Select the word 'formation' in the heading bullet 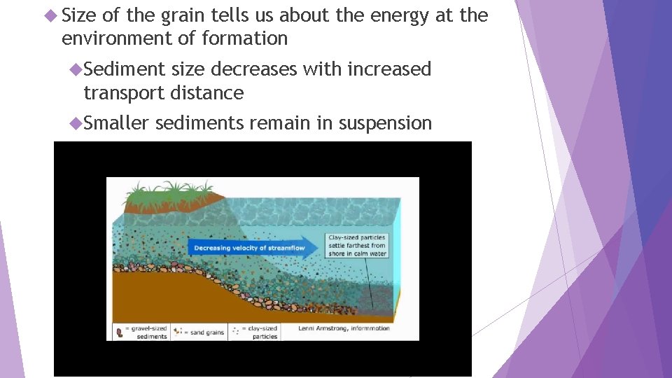[245, 38]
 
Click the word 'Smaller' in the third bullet [116, 123]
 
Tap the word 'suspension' [385, 123]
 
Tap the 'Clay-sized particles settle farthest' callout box [356, 246]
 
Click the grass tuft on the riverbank [169, 190]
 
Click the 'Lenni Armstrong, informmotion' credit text [344, 328]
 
